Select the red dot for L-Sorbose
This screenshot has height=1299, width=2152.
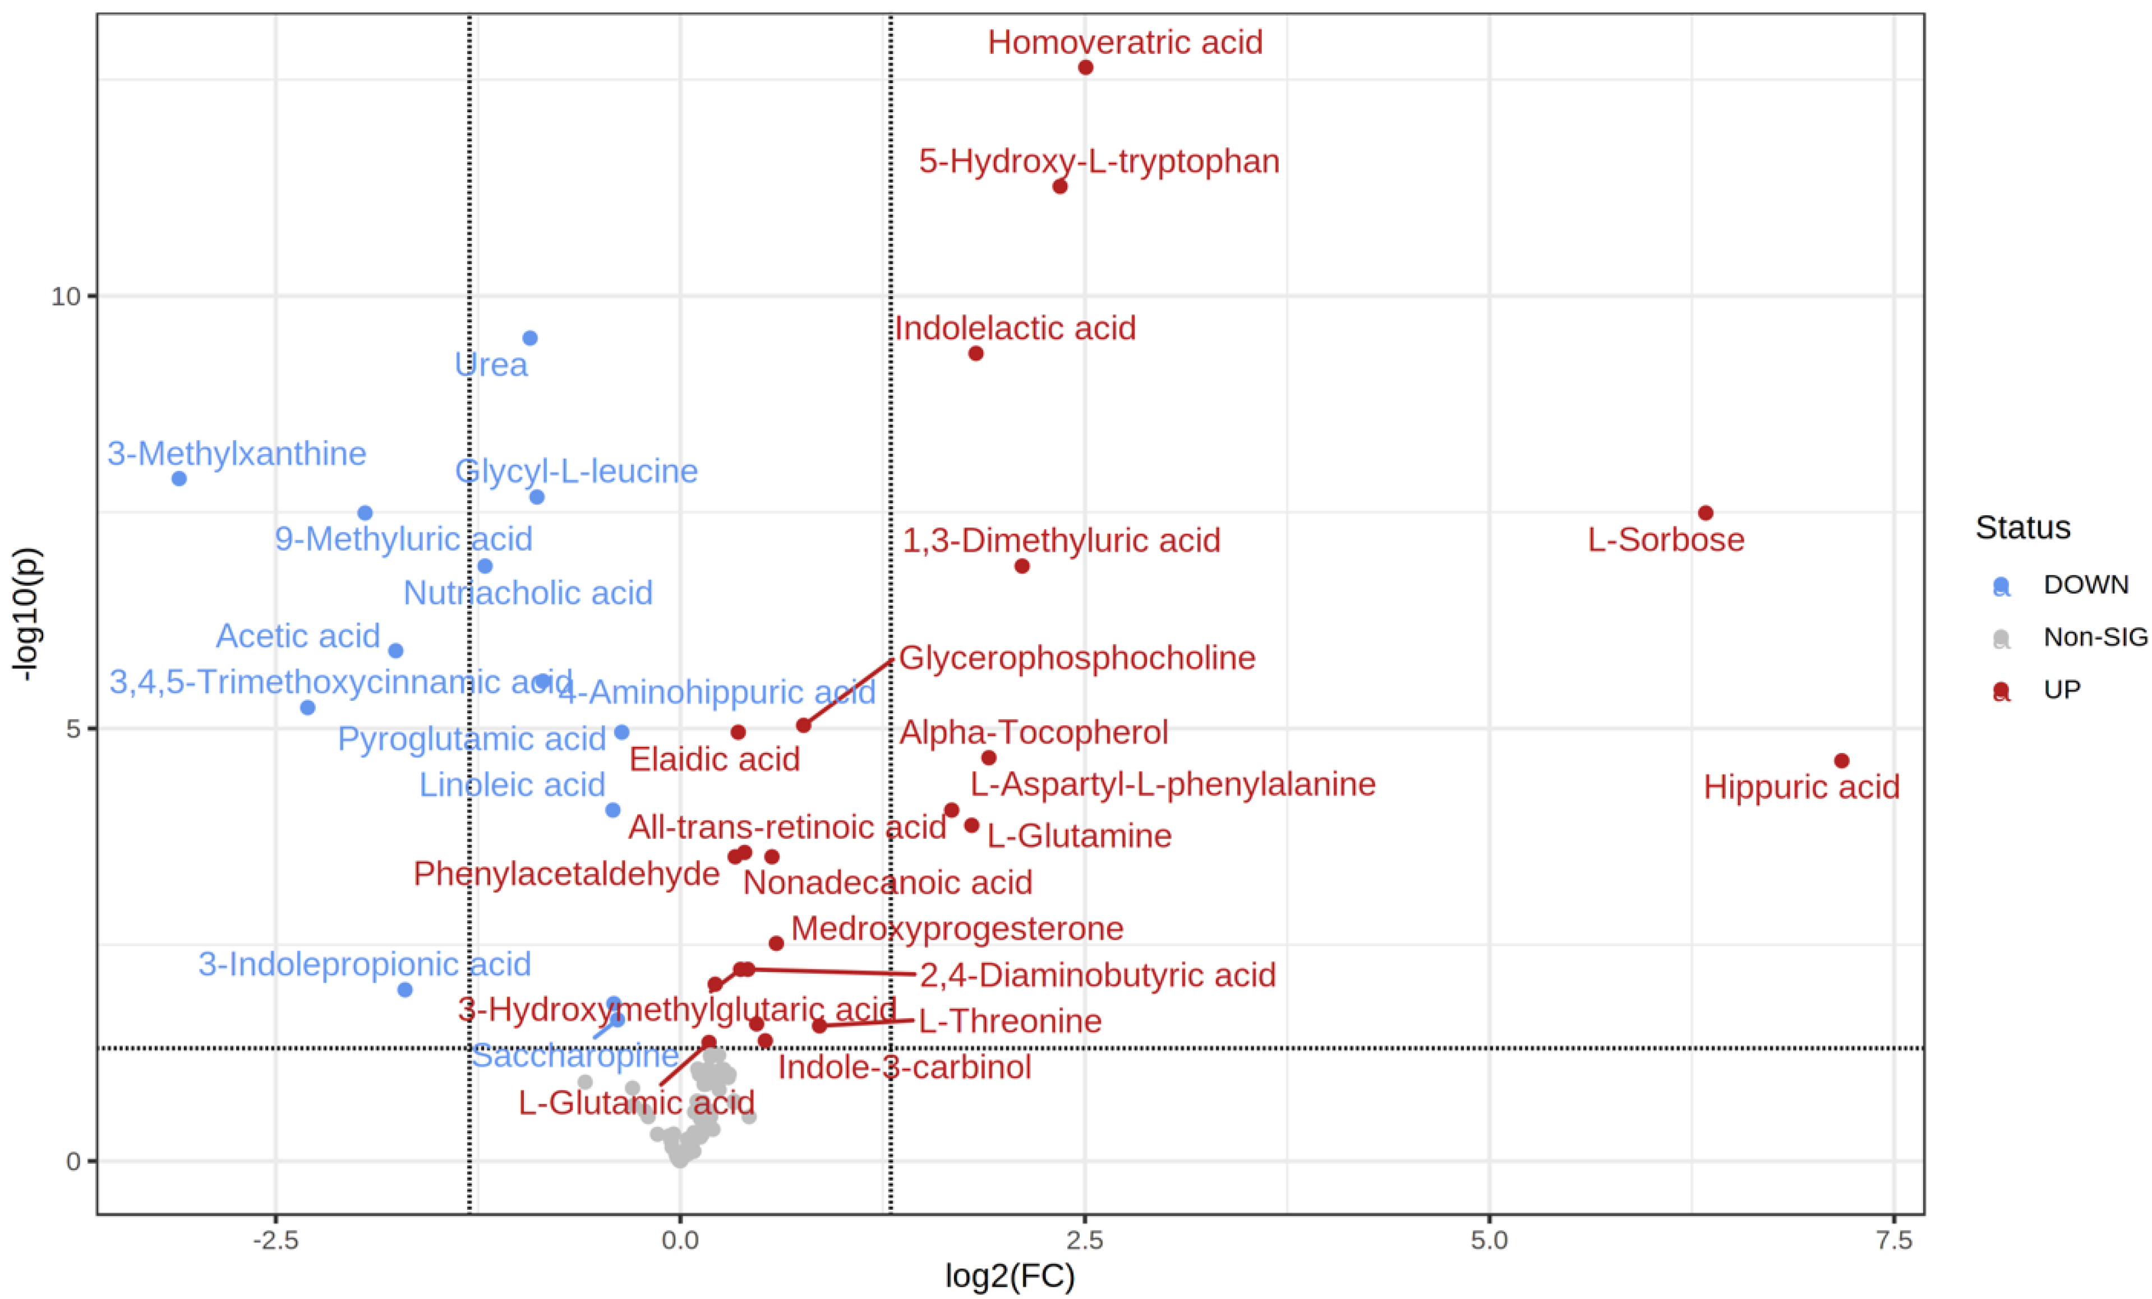click(x=1705, y=512)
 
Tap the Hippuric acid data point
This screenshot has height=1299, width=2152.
click(x=1841, y=760)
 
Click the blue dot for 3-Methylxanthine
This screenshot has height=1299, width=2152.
click(x=179, y=478)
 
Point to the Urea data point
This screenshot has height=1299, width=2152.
click(x=529, y=338)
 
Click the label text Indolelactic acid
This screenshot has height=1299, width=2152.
click(x=1014, y=328)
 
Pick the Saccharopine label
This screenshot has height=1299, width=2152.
click(x=575, y=1056)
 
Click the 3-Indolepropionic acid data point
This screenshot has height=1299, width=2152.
click(x=404, y=989)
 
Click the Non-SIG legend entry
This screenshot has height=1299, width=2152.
click(x=2094, y=637)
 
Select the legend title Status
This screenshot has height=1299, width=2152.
click(x=2023, y=528)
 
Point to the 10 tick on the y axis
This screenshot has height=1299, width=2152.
click(x=64, y=297)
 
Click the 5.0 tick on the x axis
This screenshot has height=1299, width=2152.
click(x=1489, y=1240)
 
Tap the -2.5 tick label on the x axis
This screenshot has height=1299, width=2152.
click(x=275, y=1240)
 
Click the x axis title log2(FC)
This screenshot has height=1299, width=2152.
click(x=1010, y=1277)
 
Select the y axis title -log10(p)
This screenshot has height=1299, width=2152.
click(x=26, y=614)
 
